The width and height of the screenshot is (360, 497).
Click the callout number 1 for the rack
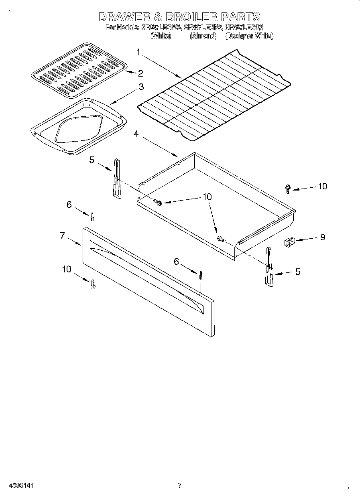tap(138, 52)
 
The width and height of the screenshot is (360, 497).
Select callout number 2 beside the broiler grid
tap(140, 73)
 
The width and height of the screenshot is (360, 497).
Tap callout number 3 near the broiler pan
tap(141, 87)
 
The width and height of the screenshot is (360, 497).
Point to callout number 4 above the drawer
tap(136, 134)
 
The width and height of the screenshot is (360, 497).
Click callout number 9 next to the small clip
tap(322, 237)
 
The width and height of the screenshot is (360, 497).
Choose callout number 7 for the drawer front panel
tap(63, 235)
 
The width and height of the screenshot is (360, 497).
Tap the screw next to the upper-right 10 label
tap(288, 188)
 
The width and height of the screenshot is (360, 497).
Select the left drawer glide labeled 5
tap(116, 179)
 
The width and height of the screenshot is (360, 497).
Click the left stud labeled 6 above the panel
tap(93, 217)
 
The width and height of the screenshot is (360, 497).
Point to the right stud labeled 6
tap(200, 276)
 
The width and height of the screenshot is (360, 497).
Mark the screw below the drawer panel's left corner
tap(93, 284)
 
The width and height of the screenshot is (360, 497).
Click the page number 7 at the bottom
tap(179, 486)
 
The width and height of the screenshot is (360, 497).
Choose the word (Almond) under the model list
tap(203, 36)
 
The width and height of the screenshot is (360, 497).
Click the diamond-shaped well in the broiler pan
tap(79, 131)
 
